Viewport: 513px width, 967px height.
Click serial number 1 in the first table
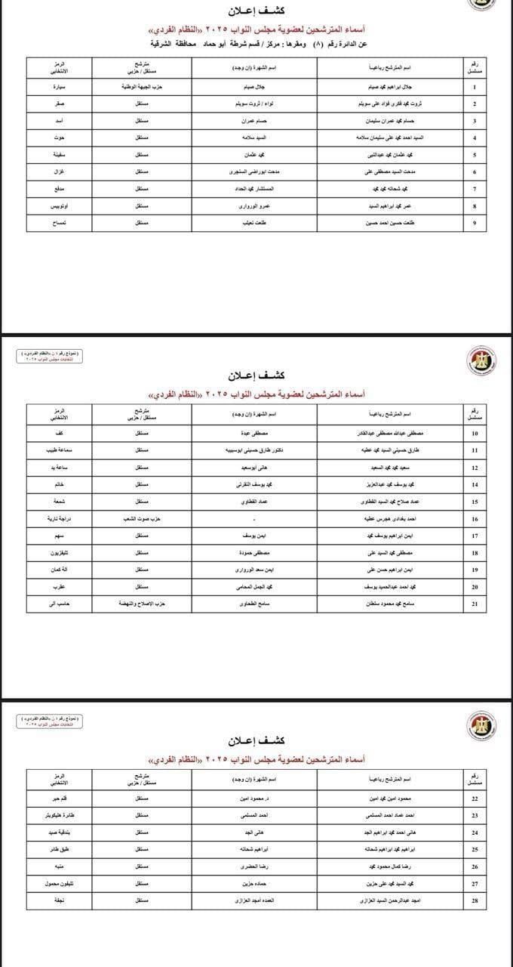474,87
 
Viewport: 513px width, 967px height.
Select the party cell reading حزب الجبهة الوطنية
142,87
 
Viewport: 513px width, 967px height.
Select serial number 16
474,521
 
